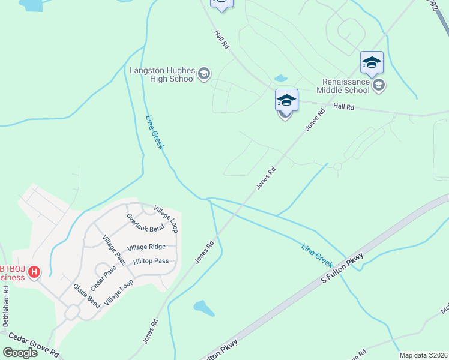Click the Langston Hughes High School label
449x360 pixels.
tap(162, 74)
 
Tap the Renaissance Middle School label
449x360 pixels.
tap(346, 86)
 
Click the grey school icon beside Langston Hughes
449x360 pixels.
tap(204, 74)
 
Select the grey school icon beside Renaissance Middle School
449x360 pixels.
tap(379, 86)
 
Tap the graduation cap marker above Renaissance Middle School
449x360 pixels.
tap(372, 63)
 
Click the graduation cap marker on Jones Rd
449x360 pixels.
tap(286, 100)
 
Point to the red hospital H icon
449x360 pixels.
tap(34, 272)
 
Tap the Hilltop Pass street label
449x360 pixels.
tap(151, 261)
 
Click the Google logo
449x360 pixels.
tap(20, 352)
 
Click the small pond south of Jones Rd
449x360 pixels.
tap(203, 308)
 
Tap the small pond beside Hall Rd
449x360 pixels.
tap(280, 78)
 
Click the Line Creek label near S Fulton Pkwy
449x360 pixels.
tap(317, 255)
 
